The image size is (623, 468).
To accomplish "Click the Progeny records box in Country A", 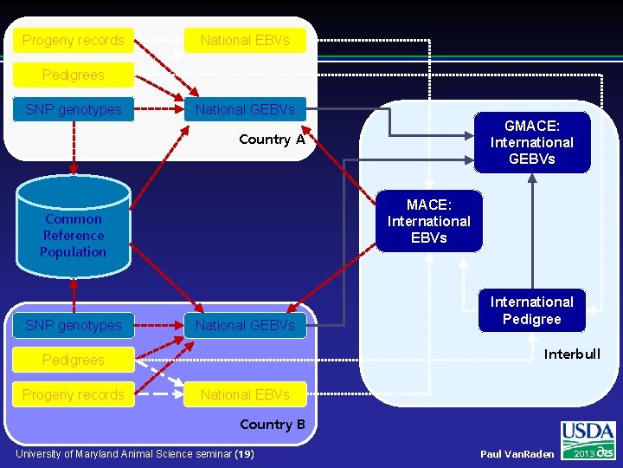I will click(74, 40).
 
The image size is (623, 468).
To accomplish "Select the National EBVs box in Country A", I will click(245, 40).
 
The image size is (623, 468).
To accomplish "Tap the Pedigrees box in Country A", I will click(74, 75).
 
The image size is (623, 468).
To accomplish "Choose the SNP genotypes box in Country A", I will click(74, 109).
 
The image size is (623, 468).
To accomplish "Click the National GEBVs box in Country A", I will click(245, 109).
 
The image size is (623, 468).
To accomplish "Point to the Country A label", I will click(272, 140).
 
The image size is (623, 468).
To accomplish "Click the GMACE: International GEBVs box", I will click(532, 142).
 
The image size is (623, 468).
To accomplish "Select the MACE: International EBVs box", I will click(428, 221).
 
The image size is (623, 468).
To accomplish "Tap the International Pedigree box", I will click(532, 310).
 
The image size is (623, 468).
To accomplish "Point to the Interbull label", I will click(571, 354).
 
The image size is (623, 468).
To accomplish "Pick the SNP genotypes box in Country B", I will click(74, 325).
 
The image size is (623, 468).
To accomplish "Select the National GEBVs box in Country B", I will click(245, 325).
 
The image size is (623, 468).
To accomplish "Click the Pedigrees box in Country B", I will click(74, 360).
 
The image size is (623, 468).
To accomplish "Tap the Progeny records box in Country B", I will click(74, 394).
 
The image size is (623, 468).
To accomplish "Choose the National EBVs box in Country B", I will click(245, 394).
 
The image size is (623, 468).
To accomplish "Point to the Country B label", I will click(272, 425).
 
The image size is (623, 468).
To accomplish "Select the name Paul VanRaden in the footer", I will click(517, 454).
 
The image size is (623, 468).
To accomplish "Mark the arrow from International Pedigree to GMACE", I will click(532, 230).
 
